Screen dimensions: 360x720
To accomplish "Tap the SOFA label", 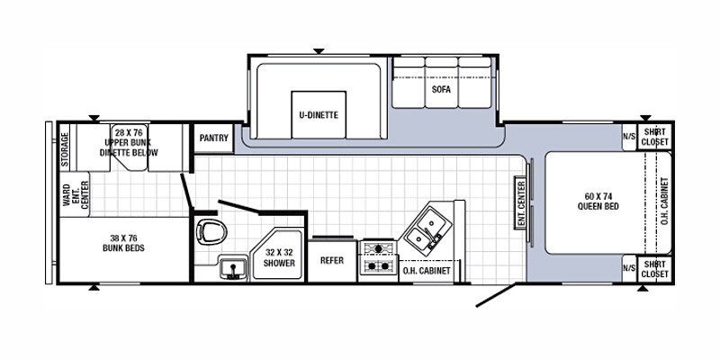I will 440,90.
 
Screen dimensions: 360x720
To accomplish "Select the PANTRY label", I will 213,139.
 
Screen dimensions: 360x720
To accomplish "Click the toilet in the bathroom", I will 208,232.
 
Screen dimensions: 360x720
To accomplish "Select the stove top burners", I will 377,258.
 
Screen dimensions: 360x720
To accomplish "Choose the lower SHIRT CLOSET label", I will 654,268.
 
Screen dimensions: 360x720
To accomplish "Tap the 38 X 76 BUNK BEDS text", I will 124,243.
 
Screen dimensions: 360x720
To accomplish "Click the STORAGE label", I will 65,150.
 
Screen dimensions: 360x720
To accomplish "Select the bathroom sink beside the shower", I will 231,266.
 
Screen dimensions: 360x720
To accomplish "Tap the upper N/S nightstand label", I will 628,138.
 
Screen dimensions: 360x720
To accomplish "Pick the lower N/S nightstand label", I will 628,267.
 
